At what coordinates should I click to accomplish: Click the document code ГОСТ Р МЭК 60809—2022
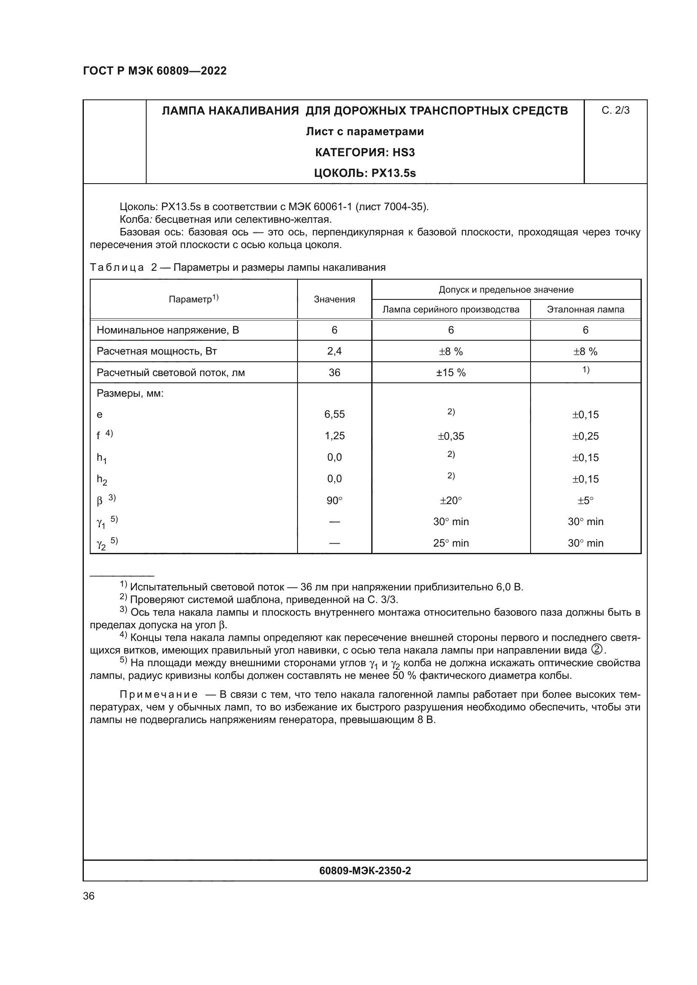[155, 71]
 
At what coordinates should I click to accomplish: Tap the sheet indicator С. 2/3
[615, 111]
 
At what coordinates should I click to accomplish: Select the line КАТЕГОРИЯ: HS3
[365, 152]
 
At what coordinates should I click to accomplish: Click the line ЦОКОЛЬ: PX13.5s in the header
[365, 174]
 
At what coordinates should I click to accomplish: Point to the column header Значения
[334, 299]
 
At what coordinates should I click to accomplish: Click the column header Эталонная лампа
[585, 310]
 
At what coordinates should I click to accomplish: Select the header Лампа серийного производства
[450, 310]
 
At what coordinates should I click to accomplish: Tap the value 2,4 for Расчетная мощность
[334, 351]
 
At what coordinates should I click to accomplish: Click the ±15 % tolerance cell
[450, 373]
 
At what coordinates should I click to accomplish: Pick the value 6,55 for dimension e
[334, 414]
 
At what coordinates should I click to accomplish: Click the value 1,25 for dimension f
[334, 436]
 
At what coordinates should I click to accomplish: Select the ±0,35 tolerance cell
[450, 436]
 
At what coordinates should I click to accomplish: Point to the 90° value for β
[334, 500]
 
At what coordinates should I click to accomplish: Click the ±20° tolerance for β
[450, 500]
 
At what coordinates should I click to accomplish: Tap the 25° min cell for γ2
[450, 543]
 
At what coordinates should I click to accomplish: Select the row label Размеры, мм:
[130, 393]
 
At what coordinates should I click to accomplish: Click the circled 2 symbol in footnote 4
[596, 649]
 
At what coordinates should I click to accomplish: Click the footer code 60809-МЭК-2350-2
[365, 870]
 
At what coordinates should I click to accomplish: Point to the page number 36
[89, 896]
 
